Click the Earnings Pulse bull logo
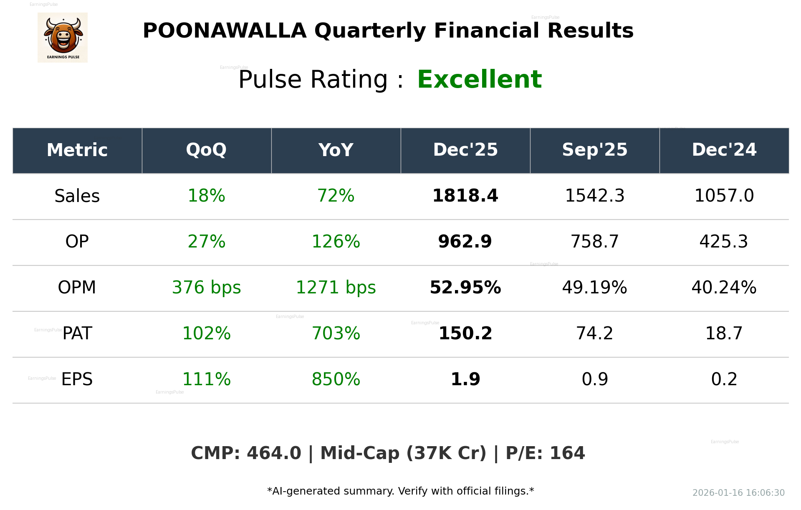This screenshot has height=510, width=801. point(63,37)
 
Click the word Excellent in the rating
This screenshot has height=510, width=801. point(479,79)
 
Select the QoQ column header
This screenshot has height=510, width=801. point(206,150)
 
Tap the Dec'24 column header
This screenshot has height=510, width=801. point(724,150)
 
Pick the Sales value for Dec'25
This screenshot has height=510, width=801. point(465,196)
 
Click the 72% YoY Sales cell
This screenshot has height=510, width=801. point(336,196)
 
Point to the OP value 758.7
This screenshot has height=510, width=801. point(594,242)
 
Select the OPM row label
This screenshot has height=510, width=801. point(77,288)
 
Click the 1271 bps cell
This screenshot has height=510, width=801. point(336,288)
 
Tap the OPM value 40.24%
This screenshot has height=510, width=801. point(724,288)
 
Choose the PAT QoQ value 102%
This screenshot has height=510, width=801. point(206,333)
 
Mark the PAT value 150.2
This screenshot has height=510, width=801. point(465,333)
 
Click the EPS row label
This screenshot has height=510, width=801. point(77,379)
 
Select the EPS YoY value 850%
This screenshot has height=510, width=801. point(336,379)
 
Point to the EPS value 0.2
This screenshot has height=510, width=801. point(724,379)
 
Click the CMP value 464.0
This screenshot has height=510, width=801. point(273,453)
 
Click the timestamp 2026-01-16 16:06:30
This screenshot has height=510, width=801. point(738,493)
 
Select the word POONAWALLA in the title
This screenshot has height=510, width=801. point(225,31)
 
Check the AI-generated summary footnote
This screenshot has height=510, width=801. point(400,491)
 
